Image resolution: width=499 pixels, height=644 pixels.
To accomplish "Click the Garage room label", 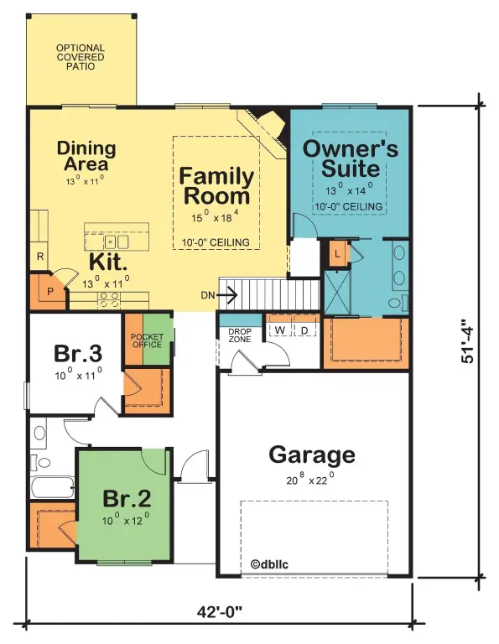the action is pos(312,455).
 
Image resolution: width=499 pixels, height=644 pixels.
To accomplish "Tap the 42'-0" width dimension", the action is pos(220,613).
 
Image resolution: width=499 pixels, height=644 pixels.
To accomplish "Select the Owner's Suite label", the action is pos(351,158).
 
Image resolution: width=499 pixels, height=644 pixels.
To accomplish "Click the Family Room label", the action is pos(216,185).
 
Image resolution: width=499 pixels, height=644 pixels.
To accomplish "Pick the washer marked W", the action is pos(279,330).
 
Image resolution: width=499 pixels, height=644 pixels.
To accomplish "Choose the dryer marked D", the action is pos(304,330).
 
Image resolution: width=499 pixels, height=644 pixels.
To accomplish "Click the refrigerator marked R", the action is pos(40,257).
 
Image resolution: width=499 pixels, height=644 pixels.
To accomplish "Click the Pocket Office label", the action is pos(147,340).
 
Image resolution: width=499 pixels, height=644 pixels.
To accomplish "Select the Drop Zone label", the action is pos(240,335).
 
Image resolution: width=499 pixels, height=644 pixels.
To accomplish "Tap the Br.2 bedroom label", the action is pos(127,498).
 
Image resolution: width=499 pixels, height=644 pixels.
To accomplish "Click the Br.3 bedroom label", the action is pos(78,353).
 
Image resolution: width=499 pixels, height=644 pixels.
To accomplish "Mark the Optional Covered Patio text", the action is pos(81,57).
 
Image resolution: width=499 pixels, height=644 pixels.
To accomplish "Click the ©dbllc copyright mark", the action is pos(269,564).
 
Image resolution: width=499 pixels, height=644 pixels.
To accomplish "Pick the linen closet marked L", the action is pos(338,253).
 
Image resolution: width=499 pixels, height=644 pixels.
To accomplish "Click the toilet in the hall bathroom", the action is pos(40,463).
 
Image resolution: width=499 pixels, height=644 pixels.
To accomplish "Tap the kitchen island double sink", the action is pos(117,242).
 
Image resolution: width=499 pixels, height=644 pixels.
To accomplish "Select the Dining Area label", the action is pos(86,156).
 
